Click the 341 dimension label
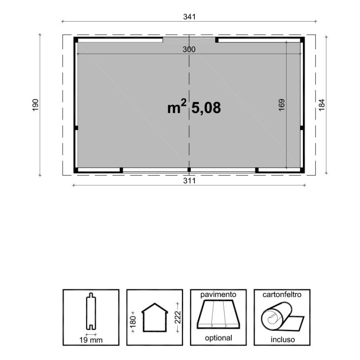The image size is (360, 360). (x=189, y=17)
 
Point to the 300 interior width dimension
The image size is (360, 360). (x=189, y=49)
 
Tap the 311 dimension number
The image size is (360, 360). (x=189, y=181)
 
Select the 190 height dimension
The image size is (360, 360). (x=35, y=105)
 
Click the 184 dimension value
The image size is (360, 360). (x=322, y=105)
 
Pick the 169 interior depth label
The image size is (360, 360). (x=282, y=105)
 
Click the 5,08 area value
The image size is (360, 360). (x=206, y=108)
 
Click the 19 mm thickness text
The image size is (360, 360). (x=91, y=340)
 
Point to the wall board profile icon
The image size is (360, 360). (x=91, y=311)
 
